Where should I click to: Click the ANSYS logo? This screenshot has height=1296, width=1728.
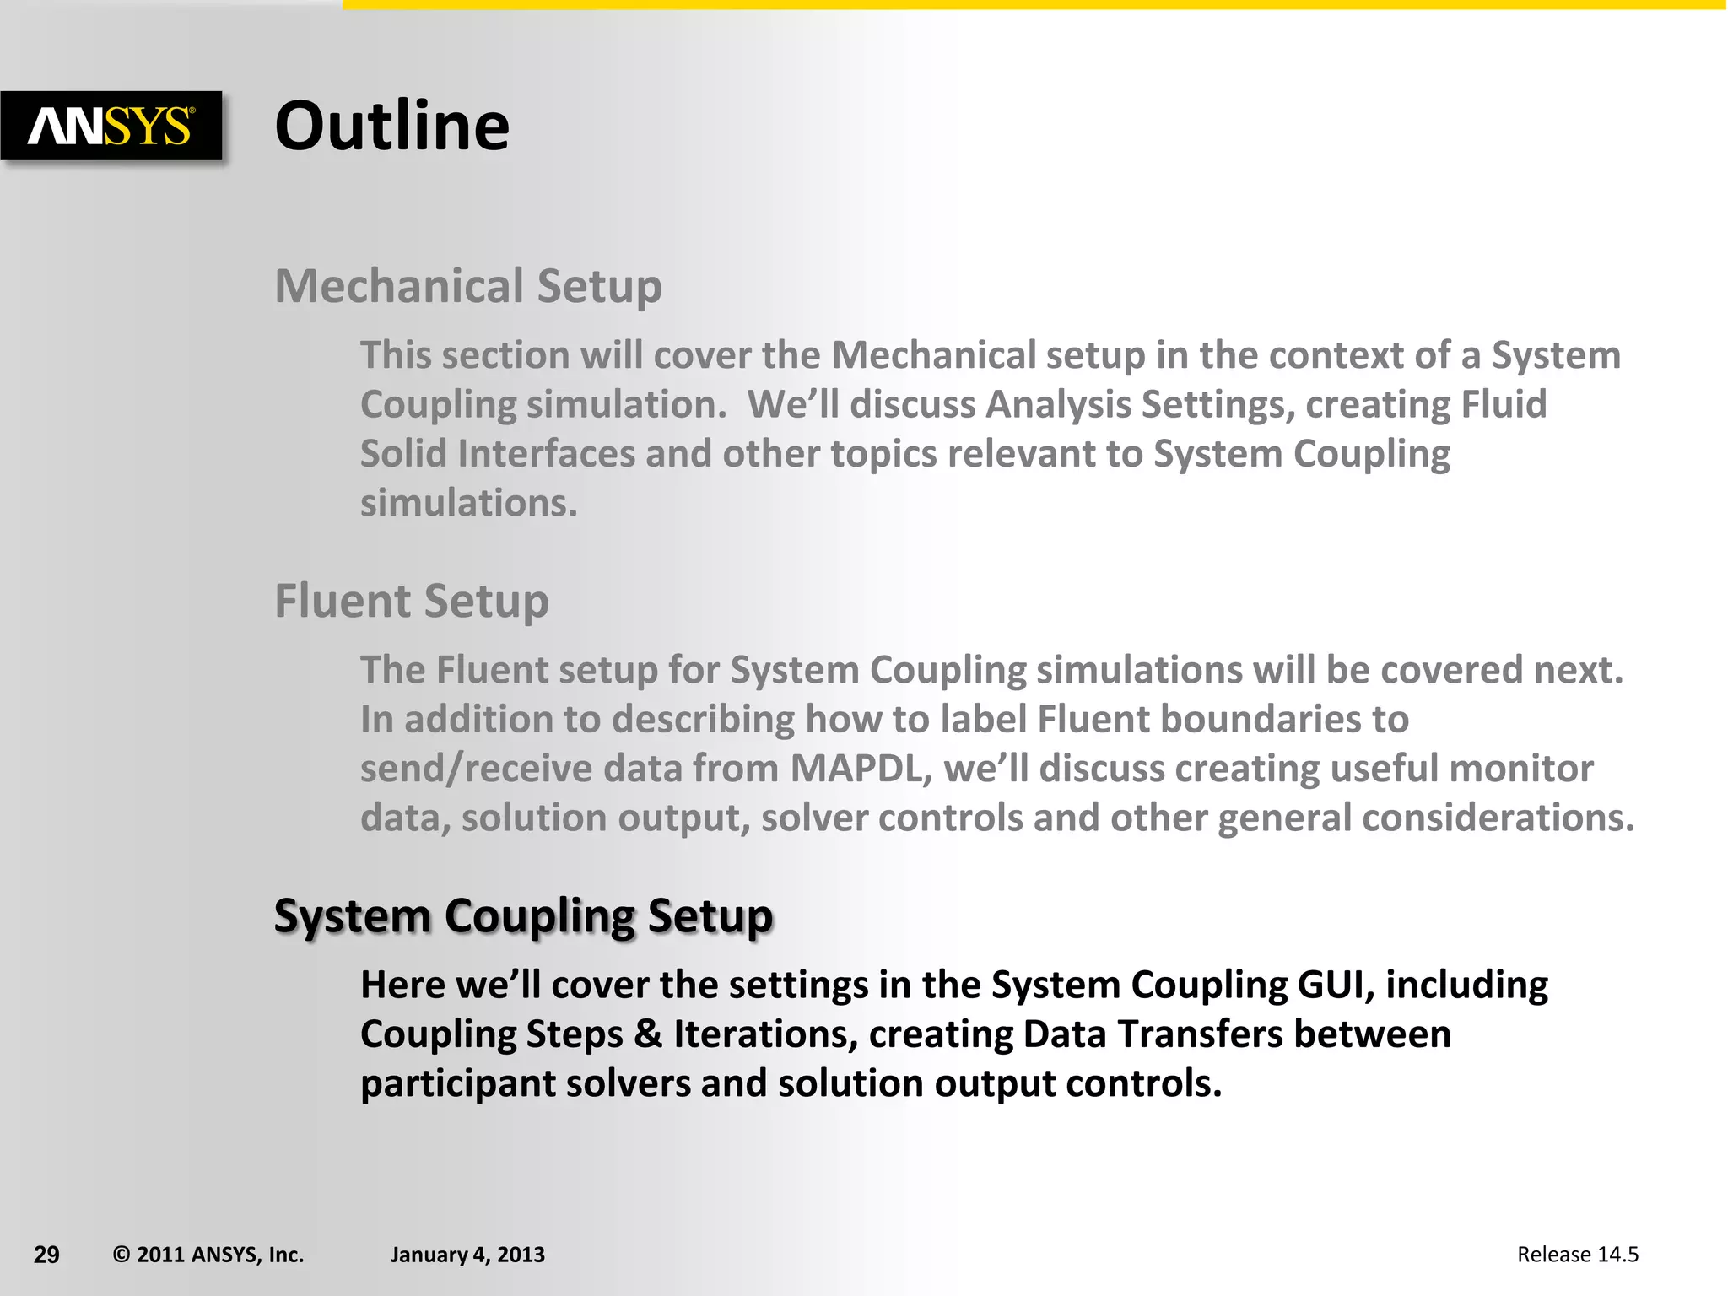click(111, 127)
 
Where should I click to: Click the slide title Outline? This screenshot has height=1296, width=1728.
click(392, 126)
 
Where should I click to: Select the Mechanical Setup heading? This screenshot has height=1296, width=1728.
click(468, 286)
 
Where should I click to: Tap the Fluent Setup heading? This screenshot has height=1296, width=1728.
click(412, 602)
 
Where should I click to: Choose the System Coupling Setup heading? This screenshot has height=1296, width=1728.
click(523, 916)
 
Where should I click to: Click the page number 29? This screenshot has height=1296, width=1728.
click(46, 1255)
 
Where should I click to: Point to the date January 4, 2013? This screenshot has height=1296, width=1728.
click(467, 1255)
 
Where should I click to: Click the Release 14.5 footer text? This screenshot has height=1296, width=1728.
click(1577, 1255)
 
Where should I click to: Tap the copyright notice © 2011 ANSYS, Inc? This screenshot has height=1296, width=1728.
click(208, 1255)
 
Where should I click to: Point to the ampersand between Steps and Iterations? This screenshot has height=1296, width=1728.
click(648, 1034)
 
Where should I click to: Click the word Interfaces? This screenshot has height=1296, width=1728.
click(546, 454)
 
